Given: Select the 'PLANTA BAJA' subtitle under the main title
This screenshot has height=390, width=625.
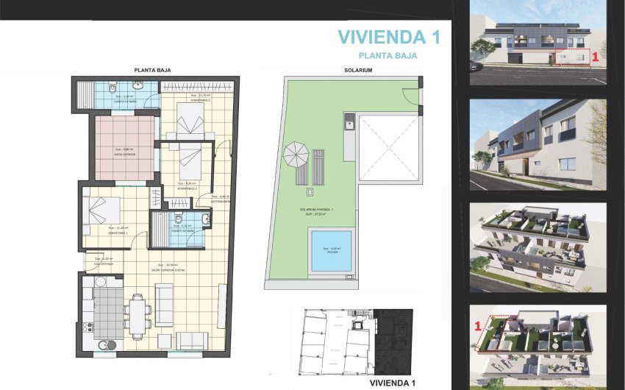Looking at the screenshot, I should tap(387, 55).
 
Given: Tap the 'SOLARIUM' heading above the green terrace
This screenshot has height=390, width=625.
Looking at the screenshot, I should tap(358, 71).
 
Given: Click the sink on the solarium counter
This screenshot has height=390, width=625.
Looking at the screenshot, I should tap(350, 123).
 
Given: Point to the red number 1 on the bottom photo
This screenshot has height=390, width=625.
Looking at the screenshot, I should tap(478, 323).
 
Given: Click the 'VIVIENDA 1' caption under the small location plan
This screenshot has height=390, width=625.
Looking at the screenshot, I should tap(392, 383).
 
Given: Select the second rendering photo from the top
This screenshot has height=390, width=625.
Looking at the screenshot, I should tap(538, 145).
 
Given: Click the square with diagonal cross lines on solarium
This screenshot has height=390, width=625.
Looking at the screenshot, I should tap(389, 146).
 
